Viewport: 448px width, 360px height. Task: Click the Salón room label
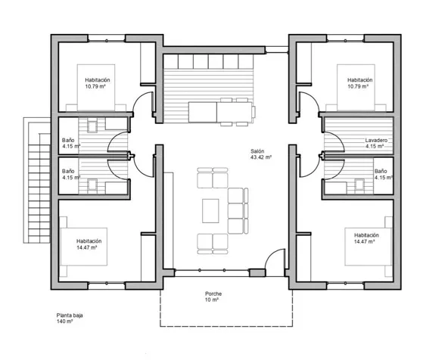tap(257, 151)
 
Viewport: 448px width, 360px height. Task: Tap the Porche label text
tap(213, 293)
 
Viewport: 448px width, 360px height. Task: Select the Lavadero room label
tap(376, 140)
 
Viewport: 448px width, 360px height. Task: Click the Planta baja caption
tap(70, 315)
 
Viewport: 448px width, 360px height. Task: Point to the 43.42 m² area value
tap(261, 157)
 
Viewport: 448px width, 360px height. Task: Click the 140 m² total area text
tap(64, 321)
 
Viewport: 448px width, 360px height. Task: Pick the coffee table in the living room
tap(210, 211)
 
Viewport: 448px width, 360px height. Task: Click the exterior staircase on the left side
tap(37, 180)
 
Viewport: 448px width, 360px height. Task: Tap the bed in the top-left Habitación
tap(96, 88)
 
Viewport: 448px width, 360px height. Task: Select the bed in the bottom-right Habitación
tap(368, 247)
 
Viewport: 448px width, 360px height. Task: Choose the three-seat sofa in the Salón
tap(238, 211)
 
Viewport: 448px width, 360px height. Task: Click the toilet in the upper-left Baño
tap(92, 126)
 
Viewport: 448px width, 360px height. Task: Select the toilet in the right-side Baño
tap(359, 184)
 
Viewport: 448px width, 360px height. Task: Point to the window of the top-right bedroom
tap(345, 39)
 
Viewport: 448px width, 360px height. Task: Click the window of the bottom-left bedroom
tap(106, 285)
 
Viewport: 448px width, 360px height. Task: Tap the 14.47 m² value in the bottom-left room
tap(87, 247)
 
